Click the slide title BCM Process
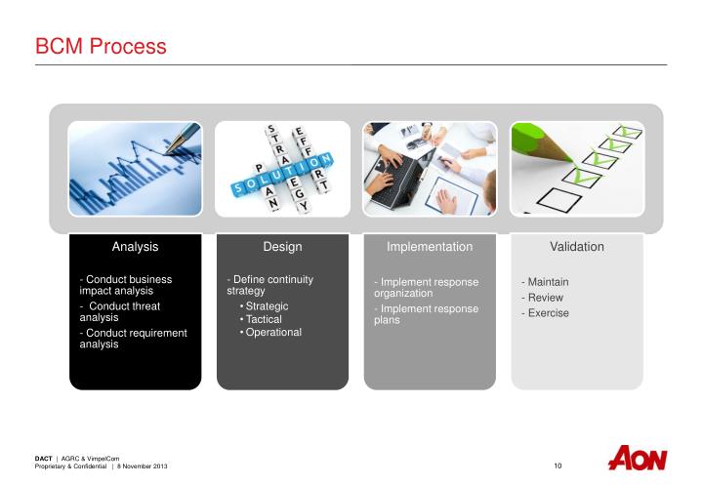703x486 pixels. pos(101,46)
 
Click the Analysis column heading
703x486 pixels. pos(135,247)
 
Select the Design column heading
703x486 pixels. pos(282,247)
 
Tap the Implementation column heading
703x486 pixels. pos(430,247)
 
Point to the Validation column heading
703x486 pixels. pos(576,247)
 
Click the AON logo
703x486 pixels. pos(637,459)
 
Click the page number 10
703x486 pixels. pos(558,466)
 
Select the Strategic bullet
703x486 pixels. pos(267,306)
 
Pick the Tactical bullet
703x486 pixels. pos(264,319)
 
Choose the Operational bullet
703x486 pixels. pos(273,332)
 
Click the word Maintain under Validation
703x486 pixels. pos(548,282)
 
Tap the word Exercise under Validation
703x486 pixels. pos(548,313)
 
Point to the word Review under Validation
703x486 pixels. pos(545,298)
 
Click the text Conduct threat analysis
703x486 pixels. pos(119,311)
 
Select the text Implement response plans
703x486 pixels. pos(426,314)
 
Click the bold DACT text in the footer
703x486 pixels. pos(43,458)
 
